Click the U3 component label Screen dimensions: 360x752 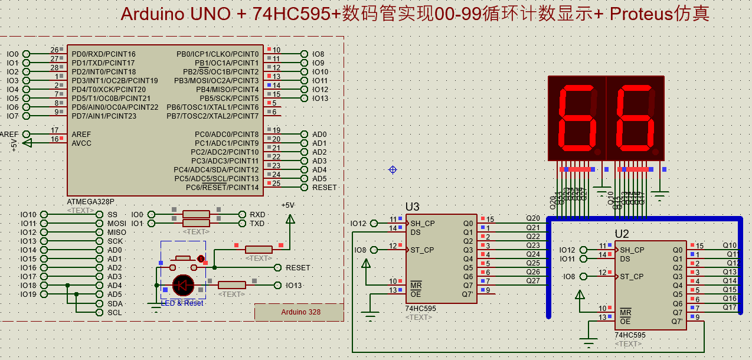pyautogui.click(x=412, y=207)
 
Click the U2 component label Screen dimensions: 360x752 pyautogui.click(x=622, y=234)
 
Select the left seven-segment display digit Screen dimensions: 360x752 pyautogui.click(x=576, y=117)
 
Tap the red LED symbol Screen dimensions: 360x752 pyautogui.click(x=183, y=285)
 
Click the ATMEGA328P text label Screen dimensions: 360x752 pyautogui.click(x=90, y=201)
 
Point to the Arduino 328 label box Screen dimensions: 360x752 pyautogui.click(x=299, y=312)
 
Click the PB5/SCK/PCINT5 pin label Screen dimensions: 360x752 pyautogui.click(x=229, y=99)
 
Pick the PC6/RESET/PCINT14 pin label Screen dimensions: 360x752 pyautogui.click(x=222, y=188)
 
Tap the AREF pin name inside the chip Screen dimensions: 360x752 pyautogui.click(x=81, y=135)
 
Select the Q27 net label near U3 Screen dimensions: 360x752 pyautogui.click(x=532, y=281)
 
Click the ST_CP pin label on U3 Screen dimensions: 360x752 pyautogui.click(x=422, y=250)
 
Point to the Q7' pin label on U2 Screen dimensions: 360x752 pyautogui.click(x=677, y=322)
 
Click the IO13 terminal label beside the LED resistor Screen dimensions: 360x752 pyautogui.click(x=293, y=286)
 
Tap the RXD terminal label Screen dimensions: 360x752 pyautogui.click(x=257, y=215)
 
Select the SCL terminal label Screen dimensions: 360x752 pyautogui.click(x=115, y=313)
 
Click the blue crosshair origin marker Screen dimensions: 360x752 pyautogui.click(x=393, y=170)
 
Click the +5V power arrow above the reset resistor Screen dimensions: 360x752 pyautogui.click(x=290, y=219)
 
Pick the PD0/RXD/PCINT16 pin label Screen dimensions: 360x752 pyautogui.click(x=103, y=54)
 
